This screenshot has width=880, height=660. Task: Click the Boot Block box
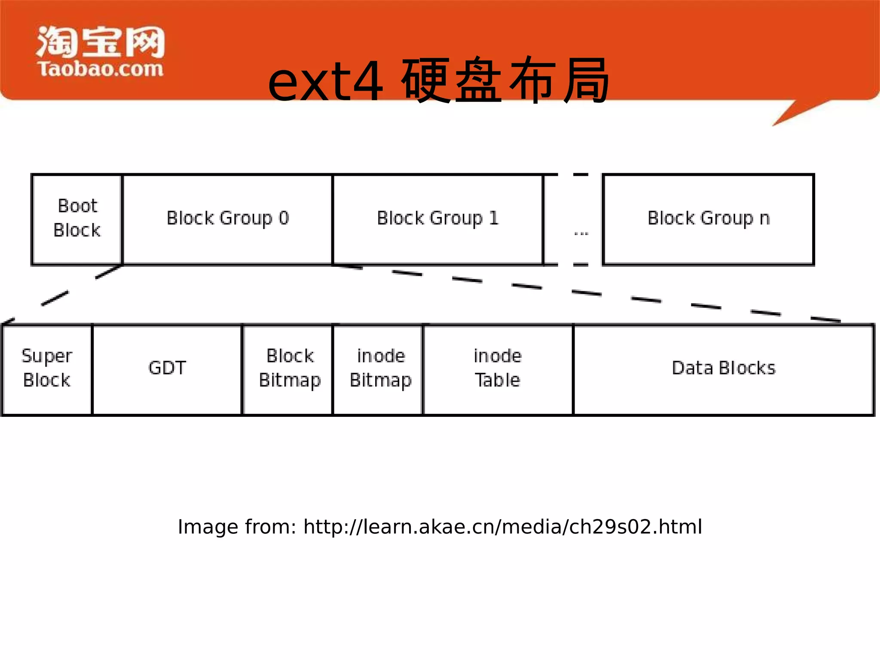[77, 219]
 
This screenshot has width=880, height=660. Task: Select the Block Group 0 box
[227, 219]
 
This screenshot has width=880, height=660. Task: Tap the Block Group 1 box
[437, 219]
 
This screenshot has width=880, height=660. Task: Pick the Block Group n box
[708, 219]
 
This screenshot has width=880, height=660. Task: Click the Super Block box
[47, 369]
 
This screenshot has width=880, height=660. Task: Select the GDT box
[167, 369]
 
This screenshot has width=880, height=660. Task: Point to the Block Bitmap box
[290, 369]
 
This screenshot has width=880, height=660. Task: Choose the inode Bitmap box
[380, 369]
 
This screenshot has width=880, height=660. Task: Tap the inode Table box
[498, 369]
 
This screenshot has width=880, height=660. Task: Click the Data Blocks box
[724, 369]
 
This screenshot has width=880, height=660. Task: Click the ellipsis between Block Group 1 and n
[581, 234]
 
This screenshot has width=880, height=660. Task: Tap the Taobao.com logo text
[100, 69]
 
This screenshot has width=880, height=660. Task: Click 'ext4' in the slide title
[325, 82]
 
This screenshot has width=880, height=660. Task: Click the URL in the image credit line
[503, 527]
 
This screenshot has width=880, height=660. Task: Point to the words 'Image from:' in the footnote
[237, 527]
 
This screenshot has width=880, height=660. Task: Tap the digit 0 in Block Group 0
[284, 218]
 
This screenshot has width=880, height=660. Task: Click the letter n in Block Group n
[764, 219]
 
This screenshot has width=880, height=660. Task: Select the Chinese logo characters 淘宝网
[101, 42]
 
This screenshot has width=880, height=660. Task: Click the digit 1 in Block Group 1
[494, 218]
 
